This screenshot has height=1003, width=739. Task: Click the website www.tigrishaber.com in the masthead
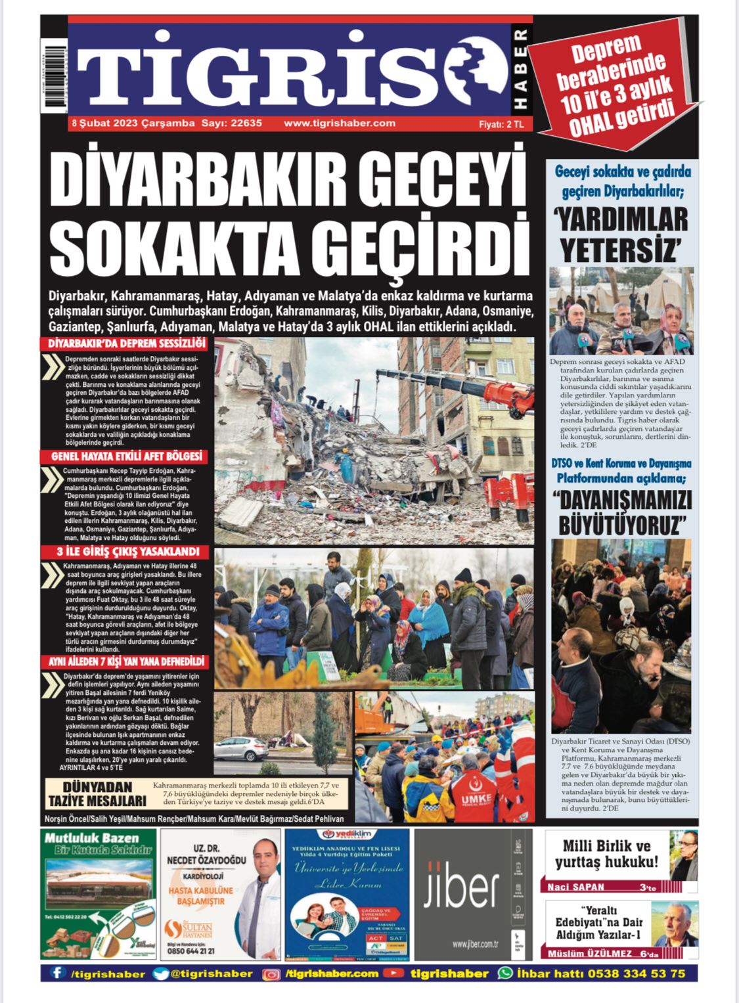[340, 123]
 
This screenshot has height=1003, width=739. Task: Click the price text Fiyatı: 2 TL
[501, 124]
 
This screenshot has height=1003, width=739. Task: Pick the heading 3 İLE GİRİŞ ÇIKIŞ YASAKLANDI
[128, 552]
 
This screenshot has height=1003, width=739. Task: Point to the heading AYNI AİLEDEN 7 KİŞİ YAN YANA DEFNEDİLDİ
[127, 661]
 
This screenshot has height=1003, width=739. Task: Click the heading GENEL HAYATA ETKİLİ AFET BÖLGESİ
[127, 457]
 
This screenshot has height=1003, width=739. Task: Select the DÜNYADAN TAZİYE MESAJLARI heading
[97, 794]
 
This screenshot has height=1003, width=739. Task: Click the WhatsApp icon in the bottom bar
[505, 973]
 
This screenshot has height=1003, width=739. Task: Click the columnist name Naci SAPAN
[576, 887]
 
